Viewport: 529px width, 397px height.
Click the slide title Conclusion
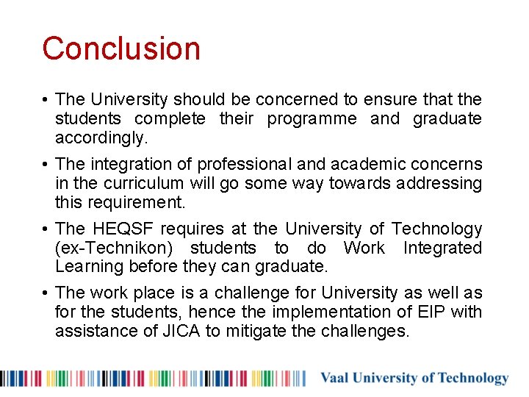coord(121,49)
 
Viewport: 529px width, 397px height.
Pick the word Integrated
coord(442,248)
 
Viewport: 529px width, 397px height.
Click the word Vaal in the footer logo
coord(335,379)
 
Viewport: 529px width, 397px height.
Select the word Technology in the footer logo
coord(473,379)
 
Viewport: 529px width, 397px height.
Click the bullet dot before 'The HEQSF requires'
coord(46,229)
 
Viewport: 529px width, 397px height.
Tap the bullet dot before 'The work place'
coord(46,293)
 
